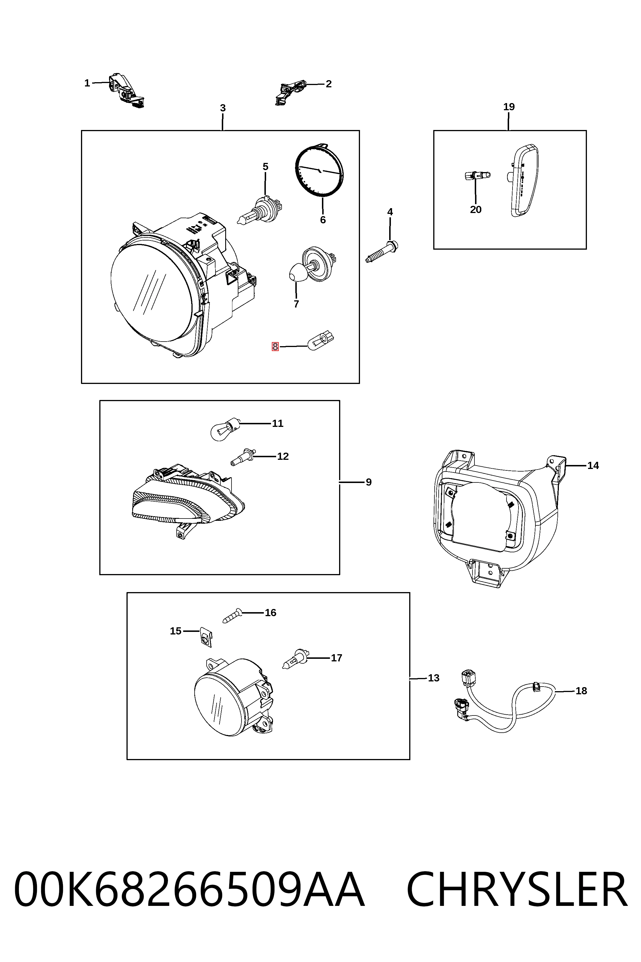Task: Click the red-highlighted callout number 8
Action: tap(275, 346)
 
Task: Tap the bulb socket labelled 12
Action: tap(243, 457)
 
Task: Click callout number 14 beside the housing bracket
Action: tap(593, 466)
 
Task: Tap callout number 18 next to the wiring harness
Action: tap(581, 691)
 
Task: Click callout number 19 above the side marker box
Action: tap(509, 107)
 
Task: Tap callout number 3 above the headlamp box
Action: tap(223, 108)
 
